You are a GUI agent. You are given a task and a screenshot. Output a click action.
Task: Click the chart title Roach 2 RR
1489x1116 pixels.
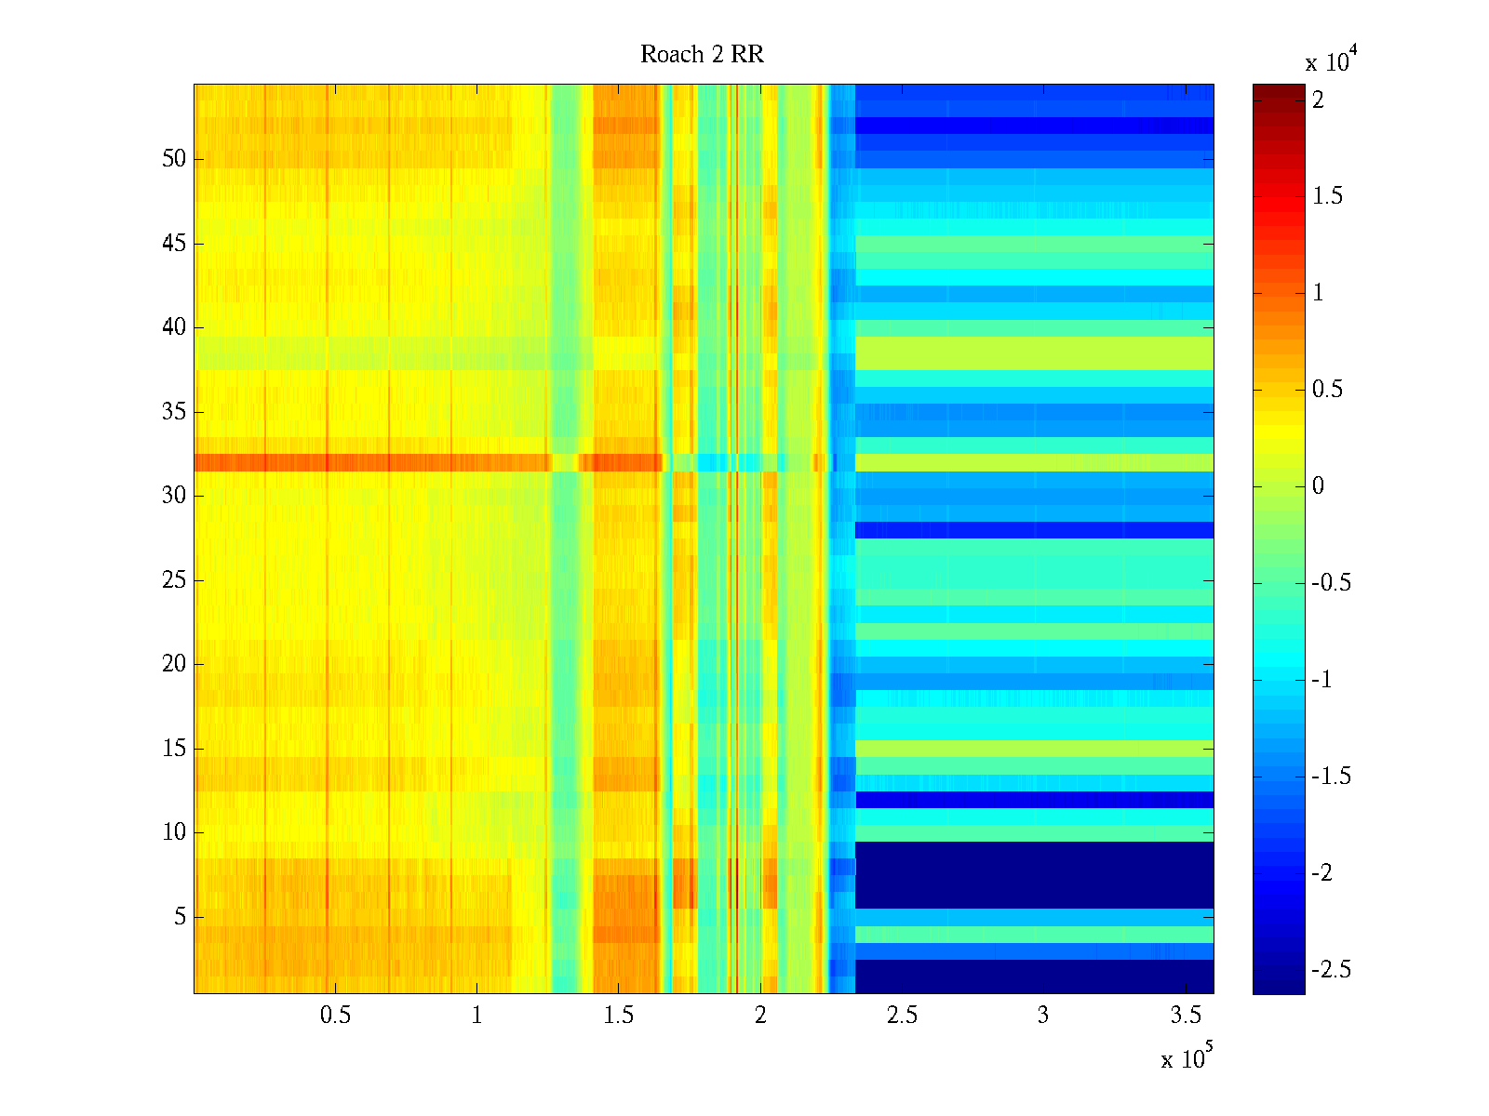click(702, 55)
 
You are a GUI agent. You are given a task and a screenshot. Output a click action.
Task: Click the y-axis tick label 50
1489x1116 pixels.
click(174, 159)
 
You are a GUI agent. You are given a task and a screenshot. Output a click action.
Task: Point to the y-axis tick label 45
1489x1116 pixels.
click(174, 244)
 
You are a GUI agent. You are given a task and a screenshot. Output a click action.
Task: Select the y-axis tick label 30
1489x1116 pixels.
click(174, 496)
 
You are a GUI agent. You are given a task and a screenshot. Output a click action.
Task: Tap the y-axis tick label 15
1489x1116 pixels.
click(174, 749)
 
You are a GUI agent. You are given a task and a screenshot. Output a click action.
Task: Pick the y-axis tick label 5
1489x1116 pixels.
click(180, 917)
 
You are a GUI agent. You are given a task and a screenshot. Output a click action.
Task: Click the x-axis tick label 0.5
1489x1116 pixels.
click(335, 1016)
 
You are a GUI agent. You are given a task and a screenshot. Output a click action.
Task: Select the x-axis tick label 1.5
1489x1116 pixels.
click(618, 1016)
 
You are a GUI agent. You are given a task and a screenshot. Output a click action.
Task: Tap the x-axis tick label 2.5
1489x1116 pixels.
click(901, 1016)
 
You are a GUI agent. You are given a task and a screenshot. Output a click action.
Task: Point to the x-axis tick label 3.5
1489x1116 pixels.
click(1185, 1016)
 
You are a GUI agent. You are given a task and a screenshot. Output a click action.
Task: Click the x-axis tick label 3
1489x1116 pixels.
click(1043, 1016)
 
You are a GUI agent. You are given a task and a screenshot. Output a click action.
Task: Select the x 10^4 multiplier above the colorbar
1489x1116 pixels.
click(1332, 61)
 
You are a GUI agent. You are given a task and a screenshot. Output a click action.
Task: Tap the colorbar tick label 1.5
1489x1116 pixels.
click(1328, 196)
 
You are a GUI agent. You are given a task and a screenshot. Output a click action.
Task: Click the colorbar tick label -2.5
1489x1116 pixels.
click(1332, 970)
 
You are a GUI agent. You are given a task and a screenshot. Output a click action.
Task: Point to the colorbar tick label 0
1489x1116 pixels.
click(1318, 486)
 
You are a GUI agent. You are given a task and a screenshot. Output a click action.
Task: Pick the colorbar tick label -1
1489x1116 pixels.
click(1321, 680)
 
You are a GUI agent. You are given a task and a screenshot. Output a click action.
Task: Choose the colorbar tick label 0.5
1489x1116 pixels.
click(1328, 390)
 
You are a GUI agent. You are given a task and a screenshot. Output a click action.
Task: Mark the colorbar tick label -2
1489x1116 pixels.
click(1321, 873)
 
